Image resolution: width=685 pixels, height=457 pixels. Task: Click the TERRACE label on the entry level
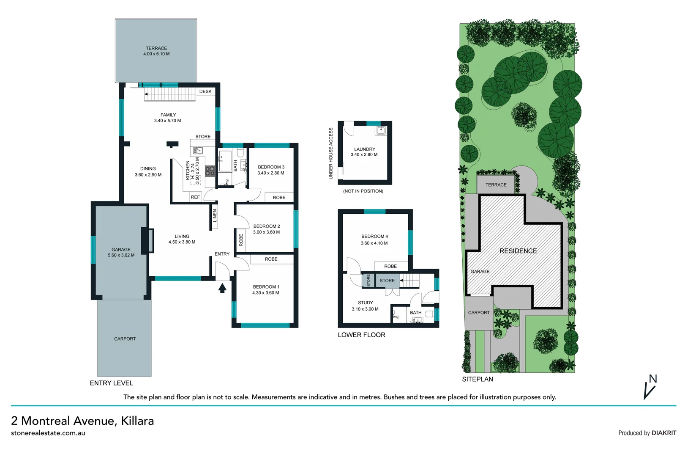pyautogui.click(x=156, y=48)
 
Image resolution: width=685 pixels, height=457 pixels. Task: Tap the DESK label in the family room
pyautogui.click(x=205, y=91)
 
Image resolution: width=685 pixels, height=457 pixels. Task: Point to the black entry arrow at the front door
pyautogui.click(x=222, y=288)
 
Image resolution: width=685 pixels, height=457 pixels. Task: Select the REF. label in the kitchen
pyautogui.click(x=195, y=197)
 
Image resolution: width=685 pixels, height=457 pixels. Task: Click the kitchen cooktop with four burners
pyautogui.click(x=210, y=171)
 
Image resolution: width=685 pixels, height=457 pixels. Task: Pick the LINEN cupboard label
pyautogui.click(x=215, y=216)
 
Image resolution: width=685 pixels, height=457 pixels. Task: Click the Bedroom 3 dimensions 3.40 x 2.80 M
pyautogui.click(x=270, y=173)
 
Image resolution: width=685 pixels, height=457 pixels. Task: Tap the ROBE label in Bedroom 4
pyautogui.click(x=390, y=266)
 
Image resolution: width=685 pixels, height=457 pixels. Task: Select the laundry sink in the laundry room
pyautogui.click(x=381, y=130)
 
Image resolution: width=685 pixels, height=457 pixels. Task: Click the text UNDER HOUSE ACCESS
pyautogui.click(x=331, y=153)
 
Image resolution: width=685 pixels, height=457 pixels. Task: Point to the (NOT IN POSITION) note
pyautogui.click(x=363, y=191)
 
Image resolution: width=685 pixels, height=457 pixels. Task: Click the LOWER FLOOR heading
pyautogui.click(x=361, y=335)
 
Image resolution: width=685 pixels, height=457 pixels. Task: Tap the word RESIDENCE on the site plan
pyautogui.click(x=518, y=251)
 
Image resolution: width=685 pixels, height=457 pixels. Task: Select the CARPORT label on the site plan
pyautogui.click(x=479, y=313)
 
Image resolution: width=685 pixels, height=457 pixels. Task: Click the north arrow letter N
pyautogui.click(x=653, y=379)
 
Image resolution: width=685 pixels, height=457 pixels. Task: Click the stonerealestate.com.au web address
pyautogui.click(x=48, y=433)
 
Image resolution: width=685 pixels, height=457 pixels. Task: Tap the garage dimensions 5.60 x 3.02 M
pyautogui.click(x=121, y=255)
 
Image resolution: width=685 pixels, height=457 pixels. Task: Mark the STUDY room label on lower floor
pyautogui.click(x=365, y=303)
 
